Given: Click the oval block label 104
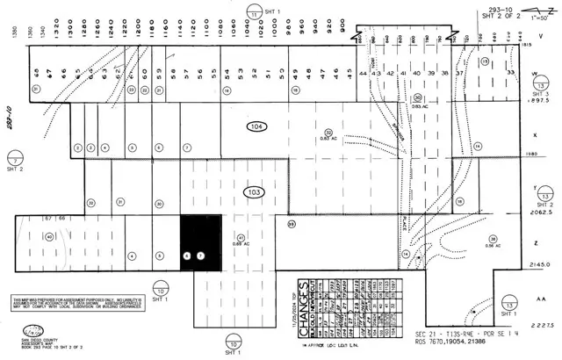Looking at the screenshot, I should coord(256,127).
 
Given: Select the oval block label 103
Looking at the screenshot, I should coord(255,190).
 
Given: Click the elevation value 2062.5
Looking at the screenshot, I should coord(538,212).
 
